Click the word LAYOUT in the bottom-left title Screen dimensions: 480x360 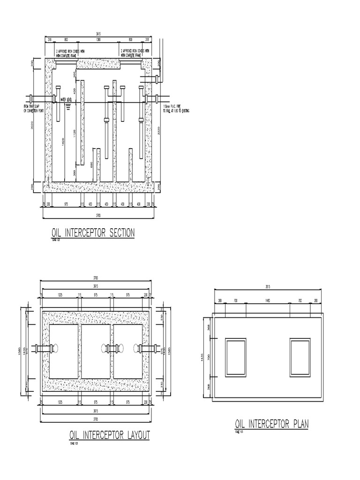pyautogui.click(x=137, y=435)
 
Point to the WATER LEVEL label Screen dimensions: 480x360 pyautogui.click(x=67, y=100)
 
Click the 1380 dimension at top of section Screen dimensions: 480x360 pyautogui.click(x=99, y=40)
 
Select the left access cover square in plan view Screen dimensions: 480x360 pyautogui.click(x=236, y=358)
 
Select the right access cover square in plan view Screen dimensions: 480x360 pyautogui.click(x=300, y=358)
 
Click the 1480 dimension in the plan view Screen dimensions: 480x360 pyautogui.click(x=268, y=300)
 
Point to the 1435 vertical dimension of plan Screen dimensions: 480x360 pyautogui.click(x=204, y=357)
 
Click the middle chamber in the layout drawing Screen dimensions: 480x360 pyautogui.click(x=97, y=352)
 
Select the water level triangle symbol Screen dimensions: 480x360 pyautogui.click(x=67, y=105)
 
